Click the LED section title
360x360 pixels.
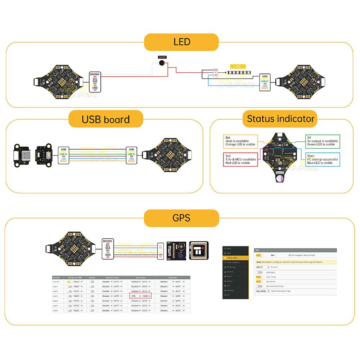point(181,42)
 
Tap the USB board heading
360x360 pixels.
point(105,119)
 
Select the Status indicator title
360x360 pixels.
point(281,118)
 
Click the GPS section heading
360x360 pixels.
point(181,218)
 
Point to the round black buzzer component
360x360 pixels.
point(162,63)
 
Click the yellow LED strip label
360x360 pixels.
point(238,67)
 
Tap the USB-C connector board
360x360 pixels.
point(22,154)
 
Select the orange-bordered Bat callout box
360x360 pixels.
point(240,141)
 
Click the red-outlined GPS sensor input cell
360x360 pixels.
point(140,296)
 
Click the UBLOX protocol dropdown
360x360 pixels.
point(262,267)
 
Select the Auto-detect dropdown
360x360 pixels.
point(262,291)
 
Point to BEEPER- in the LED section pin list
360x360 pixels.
point(95,74)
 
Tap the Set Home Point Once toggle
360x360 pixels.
point(259,286)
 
